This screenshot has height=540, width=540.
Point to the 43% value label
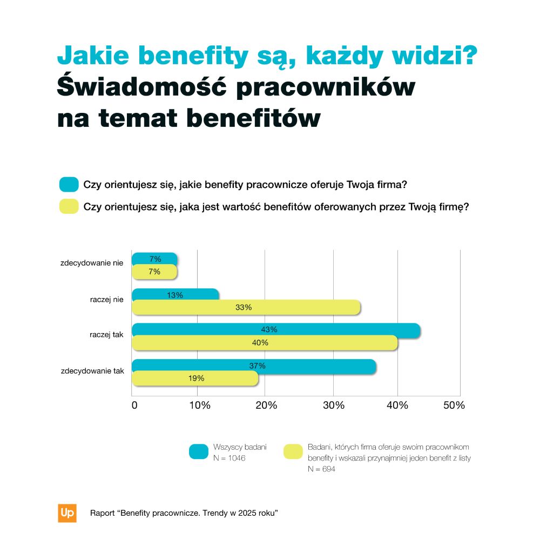(269, 329)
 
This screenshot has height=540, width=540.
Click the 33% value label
(244, 308)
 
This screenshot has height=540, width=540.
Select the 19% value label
(196, 379)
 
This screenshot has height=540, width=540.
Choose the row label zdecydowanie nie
(92, 264)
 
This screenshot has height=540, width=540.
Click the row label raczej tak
(106, 335)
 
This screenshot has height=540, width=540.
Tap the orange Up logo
(67, 513)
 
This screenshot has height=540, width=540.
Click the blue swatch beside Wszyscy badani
(199, 451)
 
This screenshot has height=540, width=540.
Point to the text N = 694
(321, 469)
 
